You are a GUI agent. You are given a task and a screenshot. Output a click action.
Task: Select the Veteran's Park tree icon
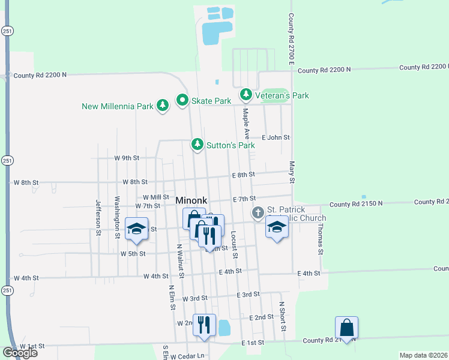point(246,95)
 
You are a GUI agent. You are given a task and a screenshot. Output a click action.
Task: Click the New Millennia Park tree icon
point(162,106)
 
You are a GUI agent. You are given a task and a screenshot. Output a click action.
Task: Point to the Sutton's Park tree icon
point(197,145)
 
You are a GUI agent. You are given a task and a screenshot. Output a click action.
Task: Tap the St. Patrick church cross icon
point(258,213)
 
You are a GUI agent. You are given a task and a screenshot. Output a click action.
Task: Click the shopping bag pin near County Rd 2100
point(347,328)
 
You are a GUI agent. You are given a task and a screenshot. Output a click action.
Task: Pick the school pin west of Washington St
point(137,229)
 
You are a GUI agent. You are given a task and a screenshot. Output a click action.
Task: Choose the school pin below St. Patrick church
point(277,227)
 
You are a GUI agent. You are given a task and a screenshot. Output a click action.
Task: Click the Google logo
point(20,353)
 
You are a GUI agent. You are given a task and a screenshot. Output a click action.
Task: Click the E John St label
point(276,137)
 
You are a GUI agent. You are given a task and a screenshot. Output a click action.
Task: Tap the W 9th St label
point(127,158)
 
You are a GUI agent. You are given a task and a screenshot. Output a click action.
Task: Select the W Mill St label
point(156,197)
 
